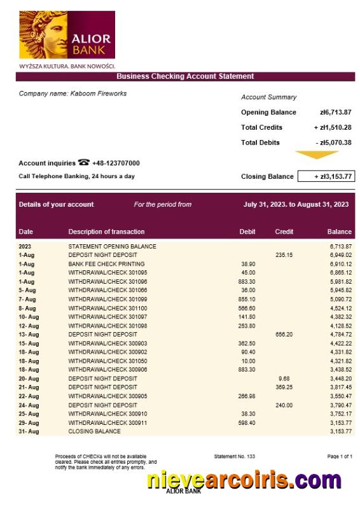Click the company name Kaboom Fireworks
click(x=73, y=94)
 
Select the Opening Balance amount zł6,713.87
click(x=336, y=113)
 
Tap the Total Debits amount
click(x=335, y=142)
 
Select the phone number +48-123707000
click(x=116, y=163)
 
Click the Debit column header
click(x=247, y=232)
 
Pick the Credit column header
click(x=284, y=232)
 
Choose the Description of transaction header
click(x=106, y=232)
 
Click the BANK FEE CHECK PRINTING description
click(x=106, y=264)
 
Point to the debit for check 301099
click(x=247, y=299)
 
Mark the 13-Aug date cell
click(x=29, y=335)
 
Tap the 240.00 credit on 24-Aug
click(x=284, y=405)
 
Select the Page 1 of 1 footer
click(x=339, y=457)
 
